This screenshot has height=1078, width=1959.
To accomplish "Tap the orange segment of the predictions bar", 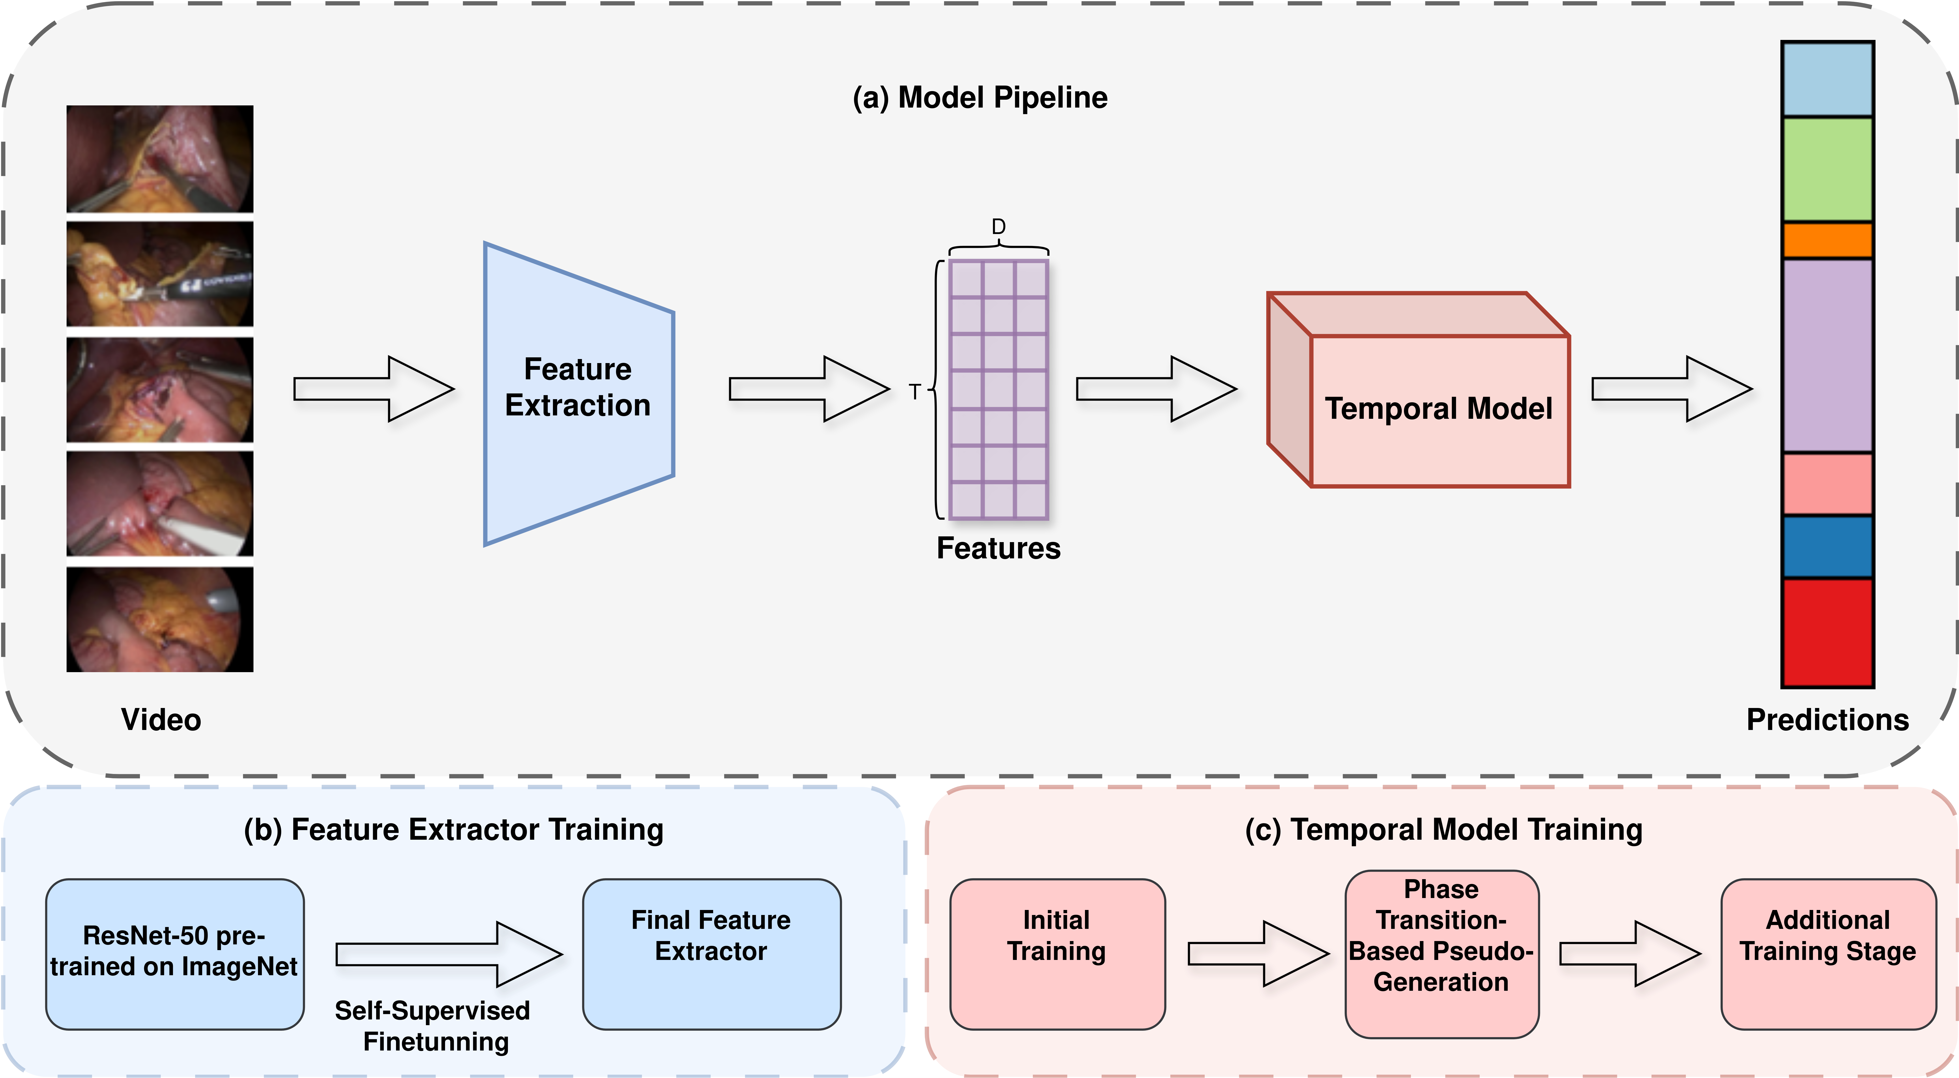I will coord(1827,240).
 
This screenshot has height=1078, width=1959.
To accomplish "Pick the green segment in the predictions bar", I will coord(1827,169).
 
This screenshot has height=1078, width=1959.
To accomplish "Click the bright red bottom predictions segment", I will coord(1827,632).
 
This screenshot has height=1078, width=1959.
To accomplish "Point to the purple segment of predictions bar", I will coord(1827,356).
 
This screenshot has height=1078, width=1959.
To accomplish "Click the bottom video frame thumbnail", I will coord(160,620).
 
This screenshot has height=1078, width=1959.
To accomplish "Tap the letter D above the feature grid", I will coord(999,227).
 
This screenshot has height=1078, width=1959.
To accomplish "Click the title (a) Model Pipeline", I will coord(979,97).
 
